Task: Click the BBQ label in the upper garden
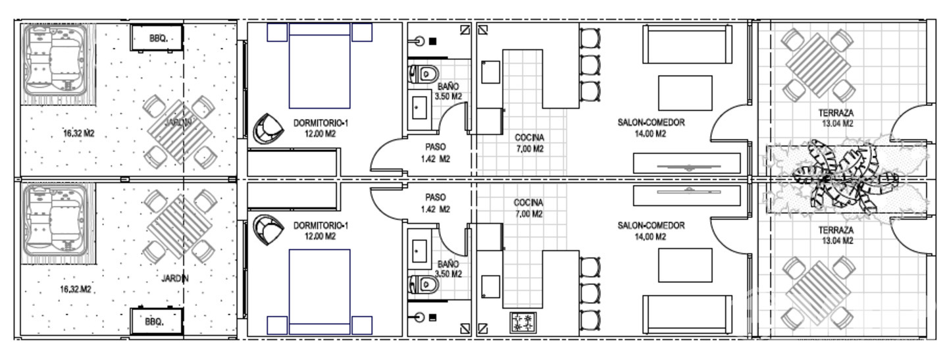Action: coord(159,38)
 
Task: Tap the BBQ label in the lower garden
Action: coord(154,322)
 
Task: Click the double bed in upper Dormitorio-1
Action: coord(320,66)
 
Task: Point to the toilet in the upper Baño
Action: coord(424,74)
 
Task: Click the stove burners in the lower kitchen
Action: coord(523,322)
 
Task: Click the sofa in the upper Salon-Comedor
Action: coord(688,44)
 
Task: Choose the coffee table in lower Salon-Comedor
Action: coord(685,265)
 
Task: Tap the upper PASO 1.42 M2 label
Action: coord(436,153)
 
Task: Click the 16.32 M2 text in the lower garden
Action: coord(76,290)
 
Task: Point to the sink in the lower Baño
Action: coord(419,251)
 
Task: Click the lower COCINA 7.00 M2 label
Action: coord(528,208)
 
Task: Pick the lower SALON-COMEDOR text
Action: coord(651,226)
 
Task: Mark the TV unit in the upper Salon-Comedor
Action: coord(686,164)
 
